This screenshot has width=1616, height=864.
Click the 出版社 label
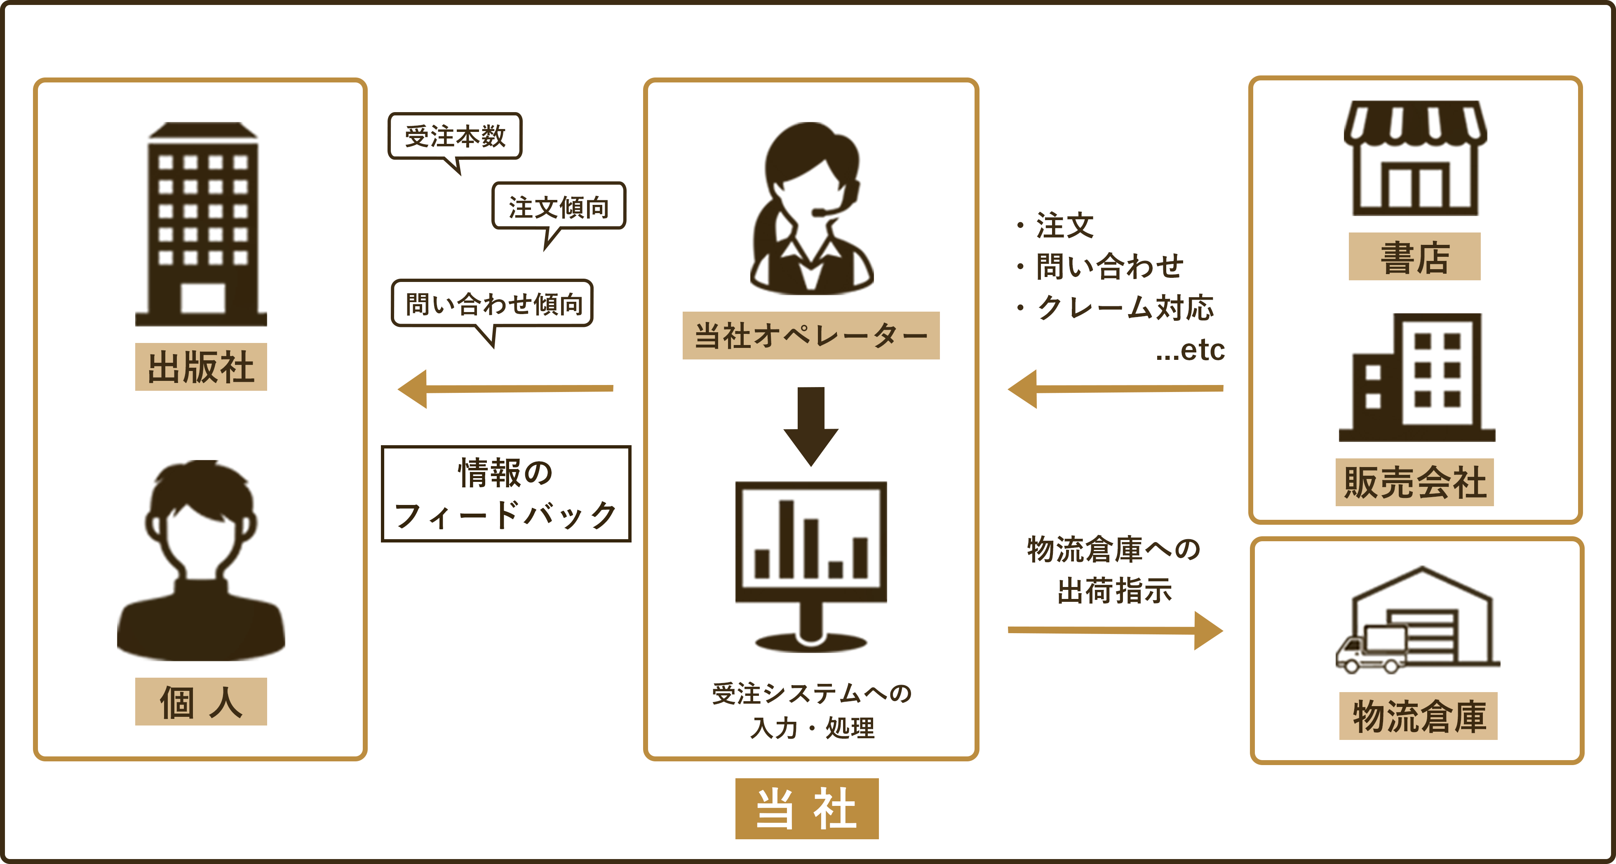tap(201, 367)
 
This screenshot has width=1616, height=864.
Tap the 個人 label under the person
tap(201, 702)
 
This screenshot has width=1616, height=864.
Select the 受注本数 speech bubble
tap(455, 136)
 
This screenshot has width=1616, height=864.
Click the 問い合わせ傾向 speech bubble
tap(493, 304)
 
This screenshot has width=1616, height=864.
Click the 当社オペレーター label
tap(810, 336)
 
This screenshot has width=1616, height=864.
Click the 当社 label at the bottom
tap(807, 808)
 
